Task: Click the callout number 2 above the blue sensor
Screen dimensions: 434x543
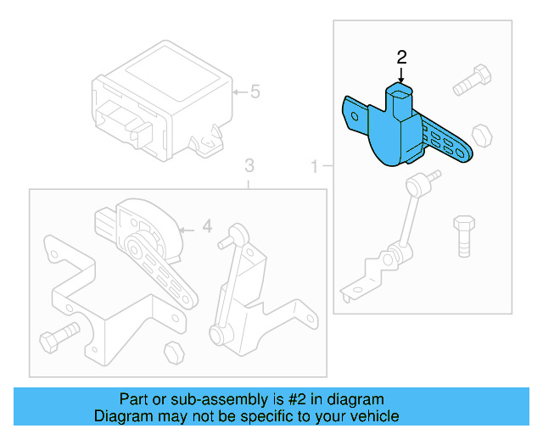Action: point(402,58)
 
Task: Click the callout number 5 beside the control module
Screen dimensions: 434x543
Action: point(255,92)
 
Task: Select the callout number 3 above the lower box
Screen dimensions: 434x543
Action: point(249,164)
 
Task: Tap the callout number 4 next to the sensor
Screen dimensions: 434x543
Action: point(205,226)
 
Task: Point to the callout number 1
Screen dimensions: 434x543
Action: point(315,167)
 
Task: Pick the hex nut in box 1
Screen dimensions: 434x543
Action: point(481,135)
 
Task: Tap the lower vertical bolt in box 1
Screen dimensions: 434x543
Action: point(463,235)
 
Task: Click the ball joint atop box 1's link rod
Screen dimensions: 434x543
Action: point(417,182)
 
